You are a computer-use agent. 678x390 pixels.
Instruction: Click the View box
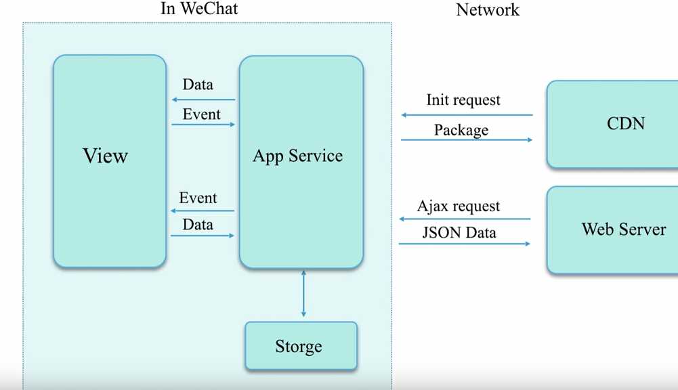click(110, 161)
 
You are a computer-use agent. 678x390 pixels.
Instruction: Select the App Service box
click(301, 162)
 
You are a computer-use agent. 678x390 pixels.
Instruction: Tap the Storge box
click(301, 346)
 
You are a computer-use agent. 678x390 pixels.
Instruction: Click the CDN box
click(613, 124)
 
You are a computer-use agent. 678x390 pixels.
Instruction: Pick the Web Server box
click(613, 230)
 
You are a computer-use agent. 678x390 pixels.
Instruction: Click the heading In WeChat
click(199, 9)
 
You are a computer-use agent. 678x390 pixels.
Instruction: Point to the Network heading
click(488, 10)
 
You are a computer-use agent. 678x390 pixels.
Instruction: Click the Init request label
click(463, 100)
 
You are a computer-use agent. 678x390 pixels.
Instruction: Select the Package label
click(461, 130)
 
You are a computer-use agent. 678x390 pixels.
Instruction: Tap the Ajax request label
click(459, 206)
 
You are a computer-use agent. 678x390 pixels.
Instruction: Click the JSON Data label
click(459, 233)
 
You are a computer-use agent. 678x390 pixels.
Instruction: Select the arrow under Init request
click(467, 115)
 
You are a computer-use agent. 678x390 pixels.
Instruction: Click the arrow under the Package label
click(467, 139)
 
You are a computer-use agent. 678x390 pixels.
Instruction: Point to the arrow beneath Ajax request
click(465, 219)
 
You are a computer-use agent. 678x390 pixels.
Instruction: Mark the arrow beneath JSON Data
click(465, 244)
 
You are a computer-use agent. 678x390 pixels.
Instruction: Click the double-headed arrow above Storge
click(303, 294)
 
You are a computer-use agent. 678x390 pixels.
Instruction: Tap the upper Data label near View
click(198, 85)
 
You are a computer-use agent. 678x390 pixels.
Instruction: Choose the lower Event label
click(198, 198)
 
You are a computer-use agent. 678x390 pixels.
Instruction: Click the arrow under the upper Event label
click(203, 125)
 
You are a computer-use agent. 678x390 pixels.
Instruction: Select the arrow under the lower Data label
click(203, 236)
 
